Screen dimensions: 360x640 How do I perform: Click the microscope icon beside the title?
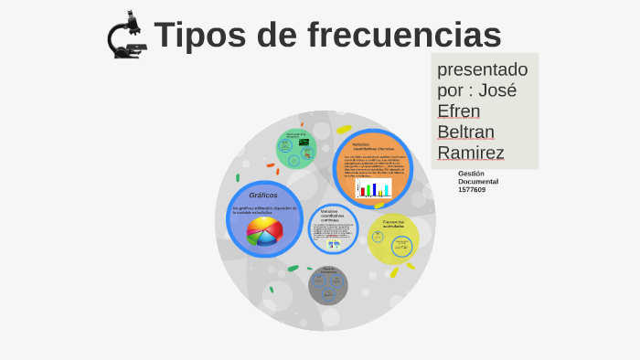coord(126,36)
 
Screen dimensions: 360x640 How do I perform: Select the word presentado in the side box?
coord(482,69)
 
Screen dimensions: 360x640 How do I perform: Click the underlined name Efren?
coord(458,111)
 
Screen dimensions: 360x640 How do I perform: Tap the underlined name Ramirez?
coord(471,153)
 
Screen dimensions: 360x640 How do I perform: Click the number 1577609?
coord(472,190)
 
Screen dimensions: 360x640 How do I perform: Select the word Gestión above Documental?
coord(471,173)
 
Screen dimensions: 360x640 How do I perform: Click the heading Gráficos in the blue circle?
coord(262,195)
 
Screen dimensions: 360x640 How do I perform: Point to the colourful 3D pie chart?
coord(264,232)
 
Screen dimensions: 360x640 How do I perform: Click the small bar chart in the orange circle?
coord(372,189)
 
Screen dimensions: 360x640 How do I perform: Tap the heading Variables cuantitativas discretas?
coord(372,146)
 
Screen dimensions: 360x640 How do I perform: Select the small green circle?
coord(295,149)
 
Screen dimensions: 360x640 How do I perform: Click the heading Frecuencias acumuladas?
coord(394,223)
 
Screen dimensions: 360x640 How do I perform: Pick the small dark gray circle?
coord(327,285)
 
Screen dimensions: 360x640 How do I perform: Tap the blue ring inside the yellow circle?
coord(401,246)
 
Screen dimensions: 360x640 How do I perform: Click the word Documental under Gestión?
coord(478,181)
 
